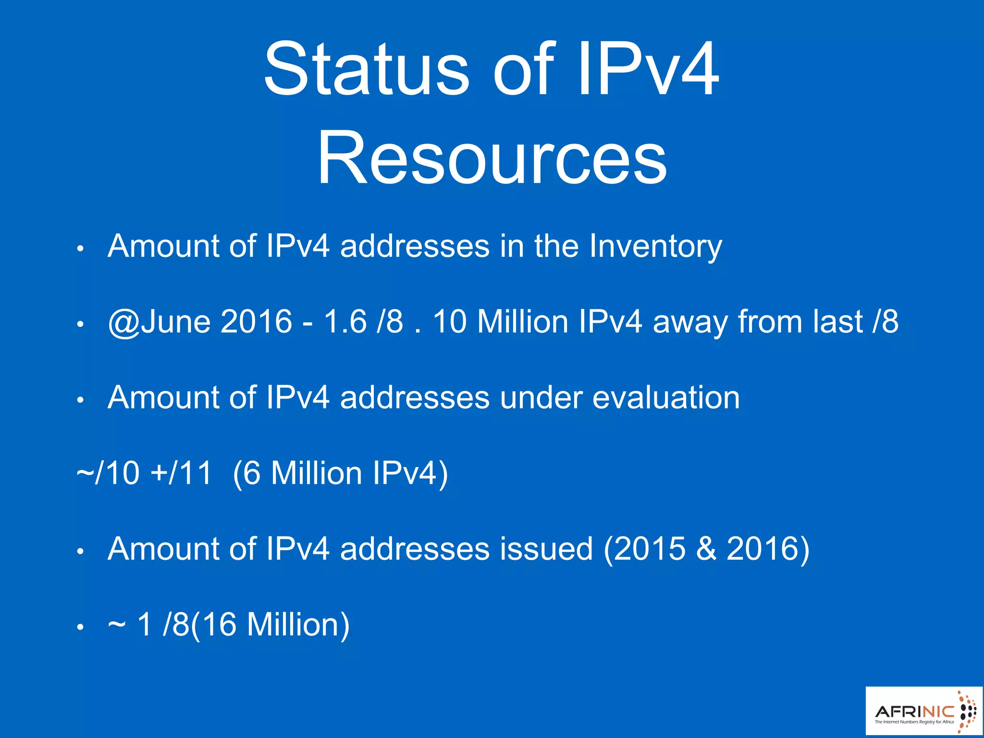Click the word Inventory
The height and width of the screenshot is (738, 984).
coord(655,246)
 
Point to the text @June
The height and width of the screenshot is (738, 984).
coord(159,321)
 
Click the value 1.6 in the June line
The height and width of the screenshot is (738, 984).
coord(345,321)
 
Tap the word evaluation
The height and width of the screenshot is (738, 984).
coord(666,398)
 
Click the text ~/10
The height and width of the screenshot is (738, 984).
coord(108,473)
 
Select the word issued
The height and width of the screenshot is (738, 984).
coord(546,549)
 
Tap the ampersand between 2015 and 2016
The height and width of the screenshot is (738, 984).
coord(706,549)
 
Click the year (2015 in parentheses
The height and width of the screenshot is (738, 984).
coord(644,549)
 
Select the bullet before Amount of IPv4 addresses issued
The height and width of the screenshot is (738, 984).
coord(81,552)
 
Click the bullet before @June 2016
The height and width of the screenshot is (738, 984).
coord(81,324)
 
